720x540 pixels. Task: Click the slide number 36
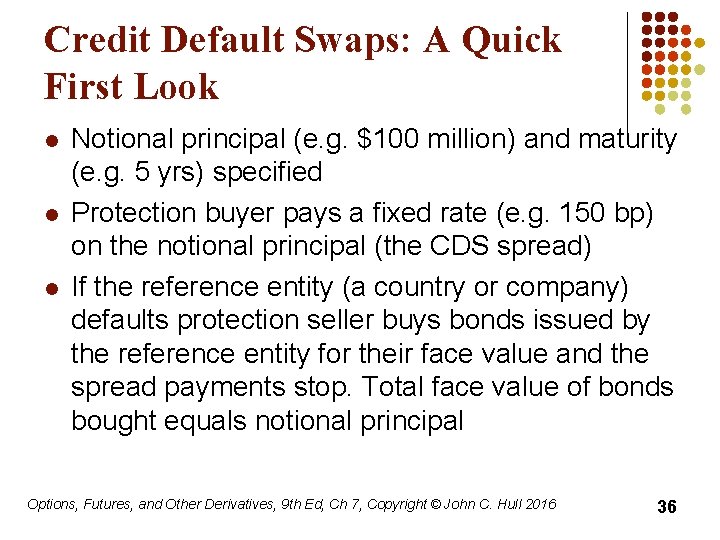666,507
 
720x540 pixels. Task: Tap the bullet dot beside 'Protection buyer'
51,214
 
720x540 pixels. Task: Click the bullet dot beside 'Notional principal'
51,140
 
